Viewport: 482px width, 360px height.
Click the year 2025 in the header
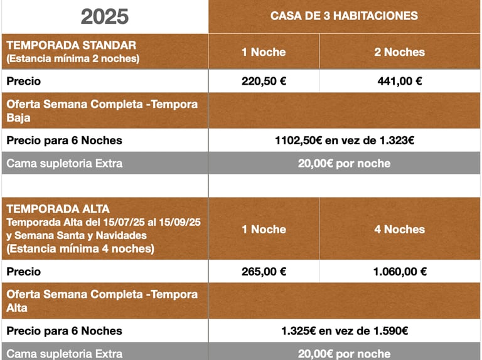[105, 17]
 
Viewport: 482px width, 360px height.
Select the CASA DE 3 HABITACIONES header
[344, 16]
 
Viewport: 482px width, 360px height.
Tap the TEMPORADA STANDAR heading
[71, 45]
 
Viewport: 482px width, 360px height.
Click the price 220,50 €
[264, 81]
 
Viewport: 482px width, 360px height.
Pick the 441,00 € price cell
[400, 81]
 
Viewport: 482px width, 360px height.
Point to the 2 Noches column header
[400, 52]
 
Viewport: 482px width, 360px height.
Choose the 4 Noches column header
[400, 230]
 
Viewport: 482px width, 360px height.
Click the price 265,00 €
[264, 272]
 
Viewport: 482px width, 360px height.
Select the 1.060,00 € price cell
[400, 272]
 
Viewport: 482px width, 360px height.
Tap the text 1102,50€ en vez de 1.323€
[345, 140]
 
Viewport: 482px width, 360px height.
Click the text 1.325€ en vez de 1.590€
[345, 331]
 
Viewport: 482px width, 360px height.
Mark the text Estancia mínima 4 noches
[80, 248]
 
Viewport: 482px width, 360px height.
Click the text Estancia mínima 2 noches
[73, 59]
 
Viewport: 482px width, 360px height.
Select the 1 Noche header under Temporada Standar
[264, 52]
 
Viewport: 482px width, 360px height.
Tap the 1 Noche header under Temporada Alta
[264, 230]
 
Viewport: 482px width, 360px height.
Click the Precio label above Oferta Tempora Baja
[23, 81]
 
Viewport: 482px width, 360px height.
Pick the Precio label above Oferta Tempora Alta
[23, 272]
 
